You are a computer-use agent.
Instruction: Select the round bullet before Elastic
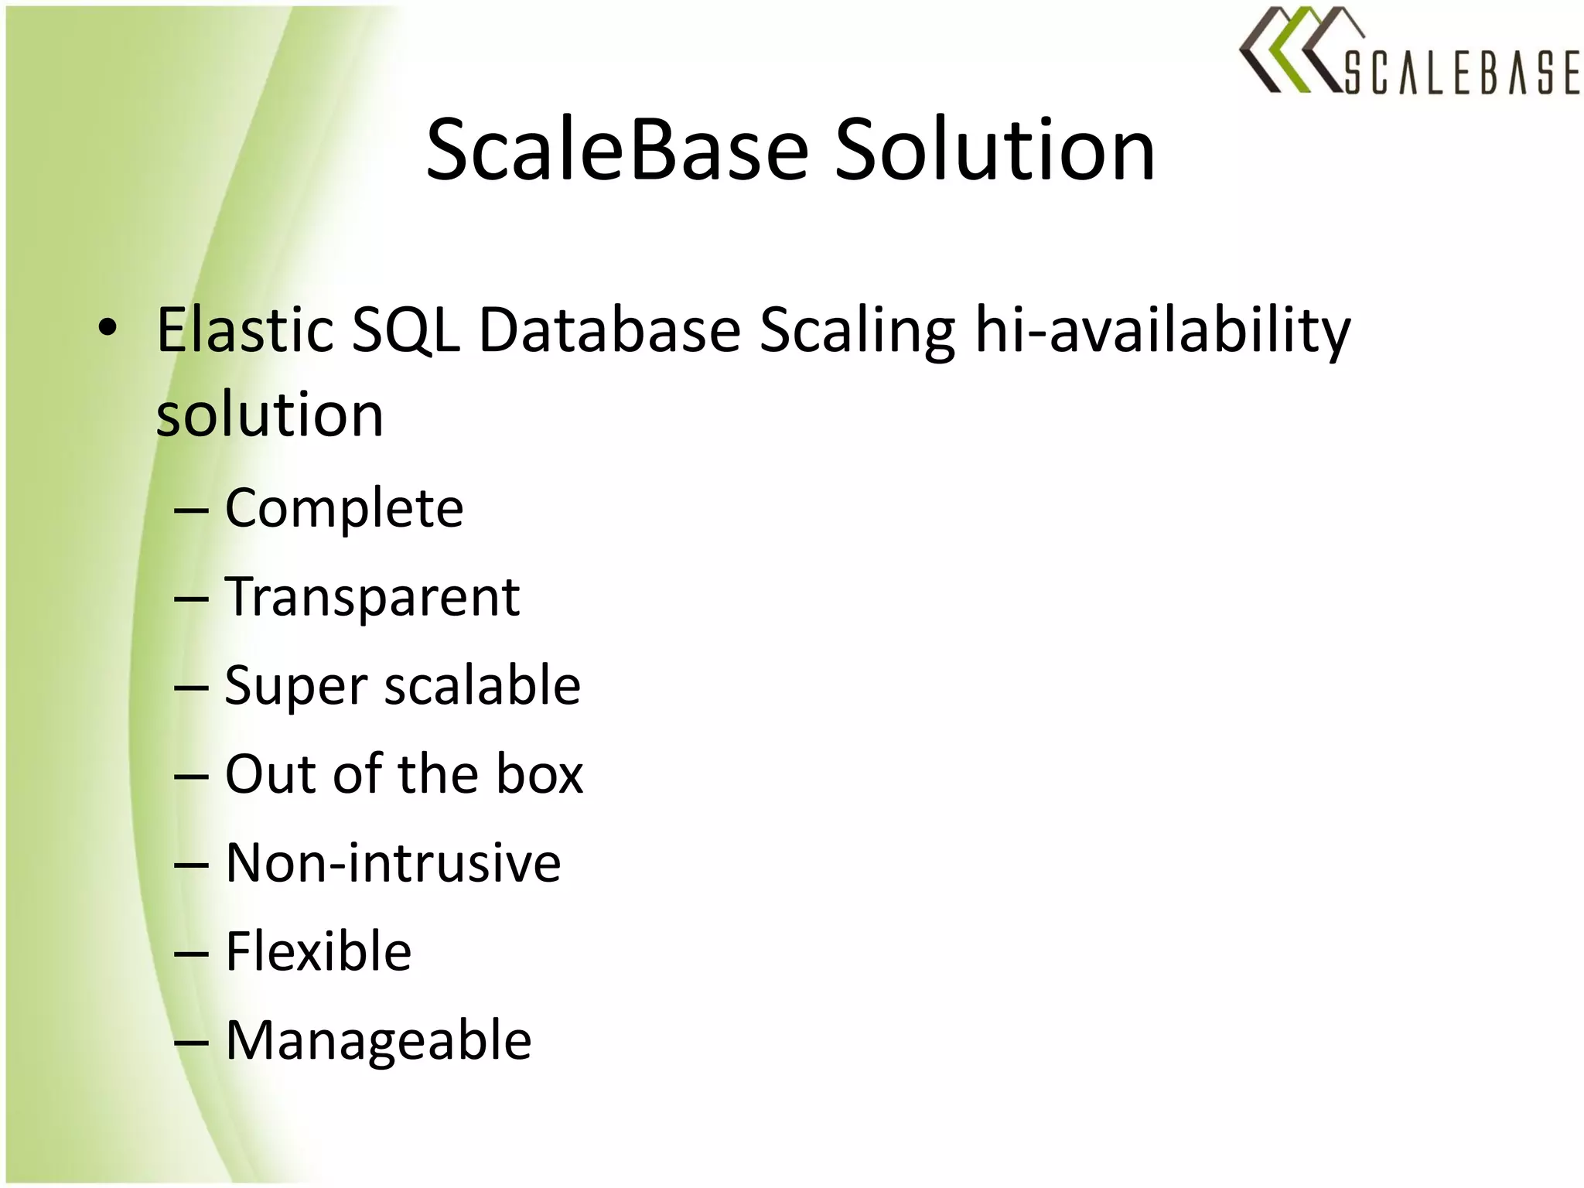coord(108,329)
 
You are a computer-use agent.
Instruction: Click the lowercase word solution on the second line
coord(269,415)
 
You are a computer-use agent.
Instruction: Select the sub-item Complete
coord(343,508)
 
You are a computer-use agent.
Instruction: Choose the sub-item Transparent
coord(372,598)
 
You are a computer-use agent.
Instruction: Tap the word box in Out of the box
coord(539,774)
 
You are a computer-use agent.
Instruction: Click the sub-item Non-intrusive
coord(393,863)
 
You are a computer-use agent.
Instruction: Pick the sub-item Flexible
coord(318,951)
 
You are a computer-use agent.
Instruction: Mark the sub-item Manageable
coord(378,1040)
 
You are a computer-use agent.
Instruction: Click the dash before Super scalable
coord(191,688)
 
